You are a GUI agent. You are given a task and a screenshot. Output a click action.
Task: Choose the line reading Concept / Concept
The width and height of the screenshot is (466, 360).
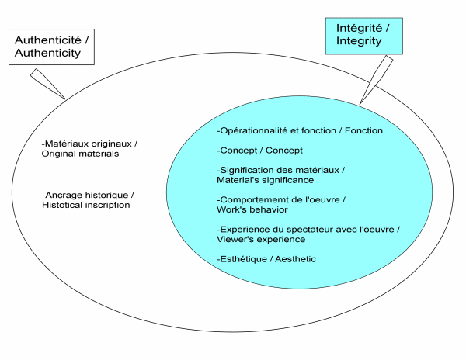coord(259,150)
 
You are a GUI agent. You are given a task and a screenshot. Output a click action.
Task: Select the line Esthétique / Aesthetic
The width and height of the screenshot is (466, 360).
coord(266,258)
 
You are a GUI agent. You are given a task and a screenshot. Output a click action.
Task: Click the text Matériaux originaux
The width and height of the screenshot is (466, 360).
coord(92,144)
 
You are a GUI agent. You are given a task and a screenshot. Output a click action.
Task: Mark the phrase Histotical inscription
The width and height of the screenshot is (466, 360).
coord(85,205)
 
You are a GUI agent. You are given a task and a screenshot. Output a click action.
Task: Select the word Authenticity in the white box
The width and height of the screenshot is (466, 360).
coord(50,55)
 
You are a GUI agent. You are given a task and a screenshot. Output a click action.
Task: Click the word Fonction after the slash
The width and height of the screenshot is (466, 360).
coord(365,130)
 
